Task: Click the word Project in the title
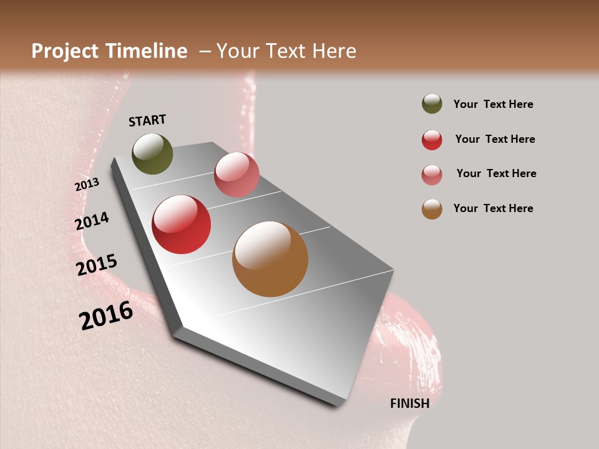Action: click(x=66, y=51)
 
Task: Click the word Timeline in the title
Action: click(x=147, y=51)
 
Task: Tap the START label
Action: click(x=147, y=120)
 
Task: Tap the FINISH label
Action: click(x=409, y=403)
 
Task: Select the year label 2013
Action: click(x=87, y=185)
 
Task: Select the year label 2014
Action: click(x=92, y=221)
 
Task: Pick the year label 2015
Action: click(x=97, y=266)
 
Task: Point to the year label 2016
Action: click(x=106, y=316)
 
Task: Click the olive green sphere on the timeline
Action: click(x=152, y=153)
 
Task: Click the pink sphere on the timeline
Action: click(x=236, y=175)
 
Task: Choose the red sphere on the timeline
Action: click(x=182, y=224)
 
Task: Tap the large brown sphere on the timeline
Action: click(x=270, y=259)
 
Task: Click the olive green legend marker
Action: click(x=432, y=104)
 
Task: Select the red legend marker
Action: click(x=432, y=139)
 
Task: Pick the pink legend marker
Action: click(x=432, y=175)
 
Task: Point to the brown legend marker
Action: click(x=432, y=209)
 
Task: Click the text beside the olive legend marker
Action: click(x=493, y=104)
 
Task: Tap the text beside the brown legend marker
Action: click(x=493, y=208)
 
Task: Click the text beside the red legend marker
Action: click(x=495, y=139)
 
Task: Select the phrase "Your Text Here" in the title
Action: click(x=286, y=51)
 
